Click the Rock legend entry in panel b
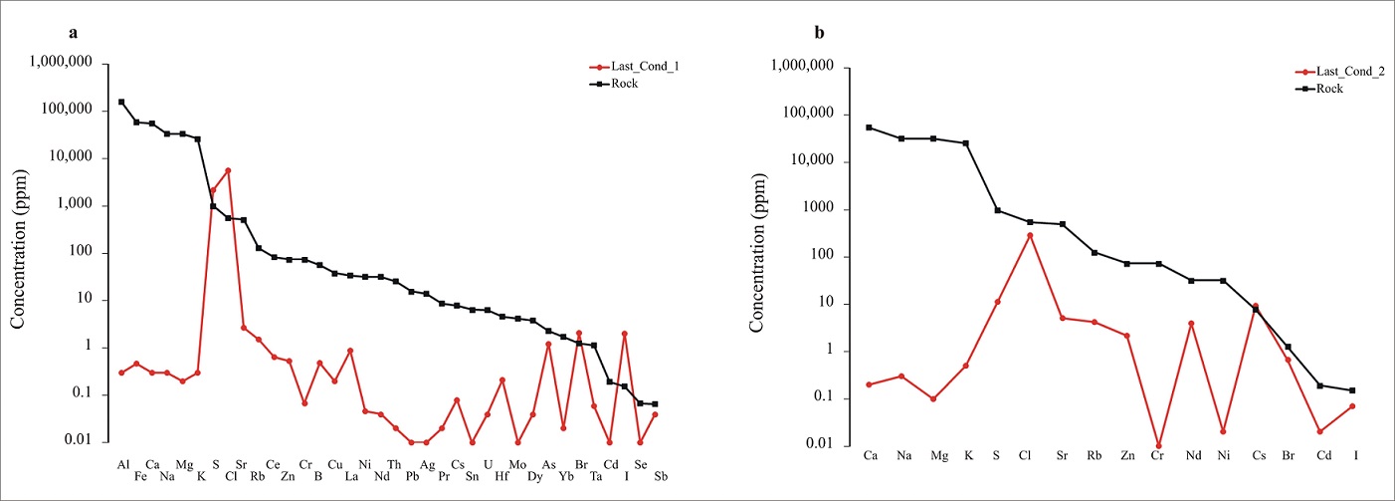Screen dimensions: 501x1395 point(1329,88)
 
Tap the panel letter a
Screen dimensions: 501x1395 point(73,33)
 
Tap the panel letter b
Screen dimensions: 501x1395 point(819,33)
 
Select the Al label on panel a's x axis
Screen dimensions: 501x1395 point(122,464)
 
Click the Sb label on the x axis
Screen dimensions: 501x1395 point(661,476)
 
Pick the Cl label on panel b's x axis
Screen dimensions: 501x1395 point(1025,456)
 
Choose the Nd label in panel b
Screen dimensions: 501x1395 point(1193,456)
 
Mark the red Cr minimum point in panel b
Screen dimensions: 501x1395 point(1158,445)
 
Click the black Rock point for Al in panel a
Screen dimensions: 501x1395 point(121,102)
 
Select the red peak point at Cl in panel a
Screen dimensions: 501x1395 point(228,170)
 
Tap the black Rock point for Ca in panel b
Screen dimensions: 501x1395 point(869,127)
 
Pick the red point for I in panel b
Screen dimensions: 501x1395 point(1352,406)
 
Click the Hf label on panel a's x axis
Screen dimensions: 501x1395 point(502,476)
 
